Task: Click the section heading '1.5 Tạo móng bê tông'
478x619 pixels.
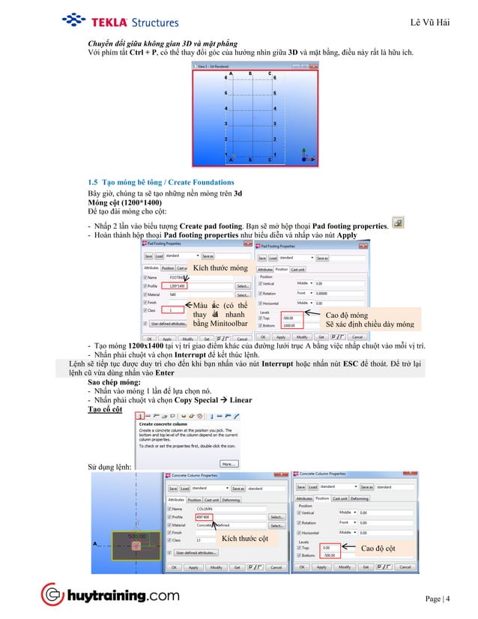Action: [160, 182]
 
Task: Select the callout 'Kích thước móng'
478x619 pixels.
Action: [220, 268]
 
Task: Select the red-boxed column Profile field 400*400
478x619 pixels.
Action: [203, 516]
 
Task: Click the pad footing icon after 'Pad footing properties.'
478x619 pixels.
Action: [398, 222]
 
